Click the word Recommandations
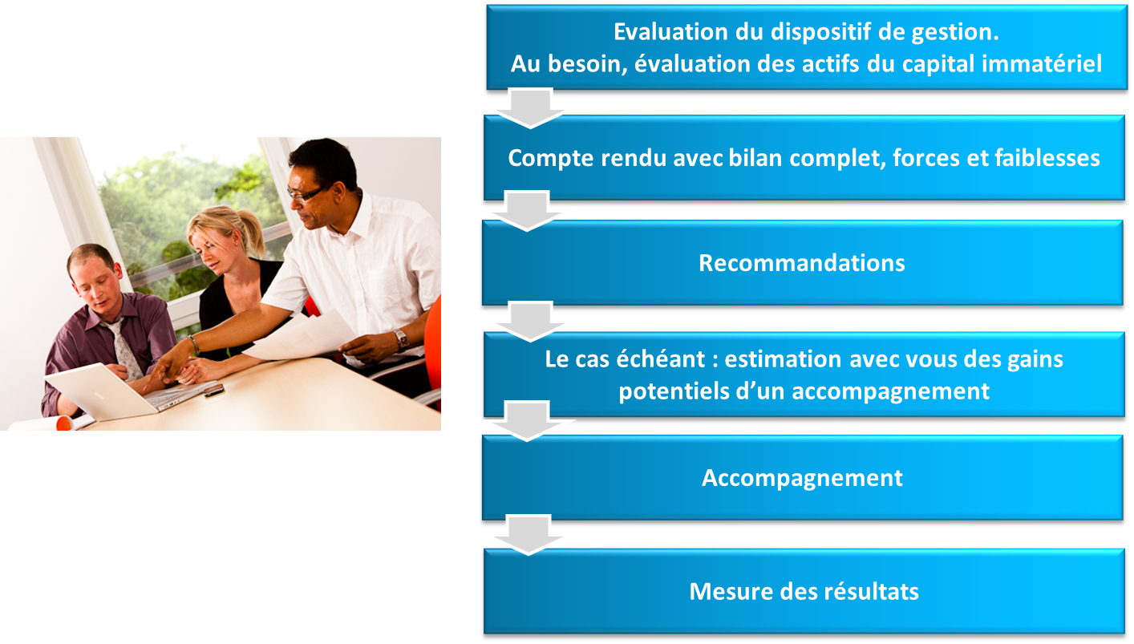(801, 263)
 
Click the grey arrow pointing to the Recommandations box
(526, 211)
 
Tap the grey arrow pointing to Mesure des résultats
(529, 535)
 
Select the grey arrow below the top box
(530, 108)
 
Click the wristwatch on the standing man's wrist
(401, 340)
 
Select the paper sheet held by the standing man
(302, 337)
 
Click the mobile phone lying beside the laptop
(214, 391)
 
